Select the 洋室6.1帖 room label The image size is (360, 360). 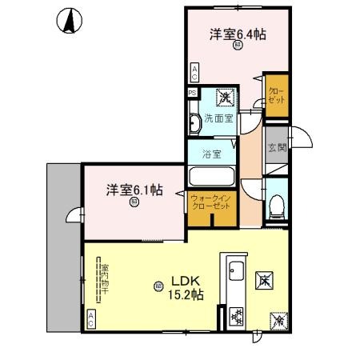pos(134,190)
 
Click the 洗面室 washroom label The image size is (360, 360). pos(217,118)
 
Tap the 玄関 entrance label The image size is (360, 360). pos(278,147)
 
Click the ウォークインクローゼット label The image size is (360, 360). pos(211,201)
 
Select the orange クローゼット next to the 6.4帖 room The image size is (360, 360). pos(276,96)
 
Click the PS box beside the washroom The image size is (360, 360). pos(192,93)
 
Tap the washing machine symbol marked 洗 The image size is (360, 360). pos(226,98)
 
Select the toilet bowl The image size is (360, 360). pos(277,206)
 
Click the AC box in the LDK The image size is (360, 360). pos(90,320)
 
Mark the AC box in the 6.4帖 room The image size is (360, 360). pos(194,73)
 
